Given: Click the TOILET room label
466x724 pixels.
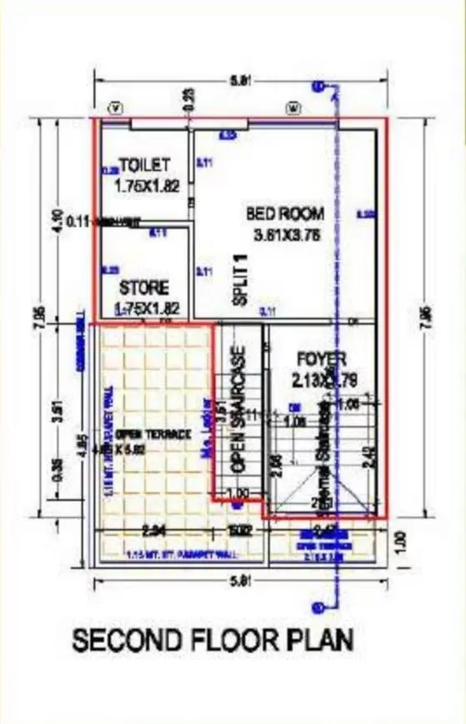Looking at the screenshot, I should point(144,166).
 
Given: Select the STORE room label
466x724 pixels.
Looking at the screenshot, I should point(143,288).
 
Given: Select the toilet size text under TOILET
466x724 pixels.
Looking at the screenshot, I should point(147,187).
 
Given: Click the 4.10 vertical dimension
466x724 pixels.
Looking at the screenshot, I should point(58,220).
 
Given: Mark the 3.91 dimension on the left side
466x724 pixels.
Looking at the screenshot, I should point(58,414).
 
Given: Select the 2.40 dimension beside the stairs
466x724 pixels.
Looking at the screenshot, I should point(369,457).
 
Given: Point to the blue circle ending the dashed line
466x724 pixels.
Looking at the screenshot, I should point(317,86).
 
